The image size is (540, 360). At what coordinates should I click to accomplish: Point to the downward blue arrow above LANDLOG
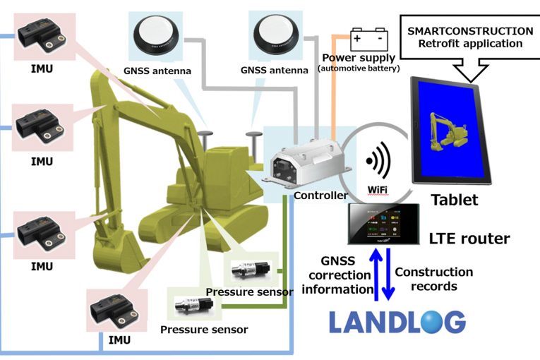(388, 279)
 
